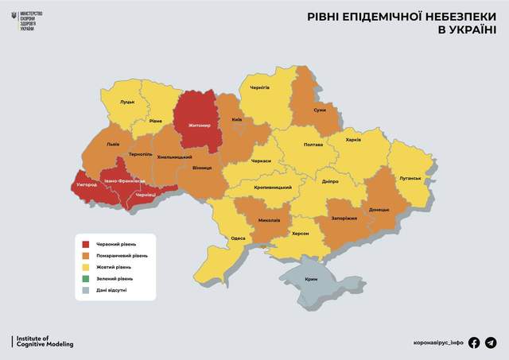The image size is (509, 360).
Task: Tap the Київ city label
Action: (236, 120)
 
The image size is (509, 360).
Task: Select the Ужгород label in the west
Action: (86, 184)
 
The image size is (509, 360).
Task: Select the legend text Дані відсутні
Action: (111, 291)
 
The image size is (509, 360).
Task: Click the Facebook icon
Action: (475, 343)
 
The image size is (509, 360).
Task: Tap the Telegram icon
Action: (491, 343)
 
